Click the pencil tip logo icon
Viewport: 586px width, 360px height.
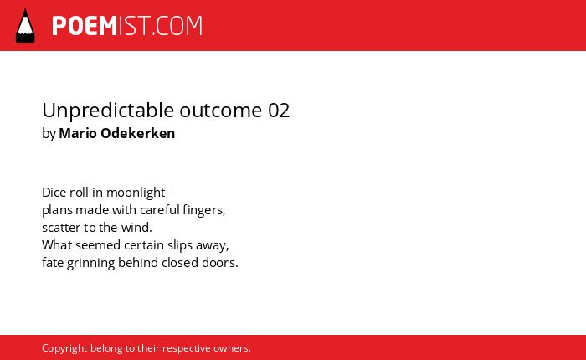[25, 26]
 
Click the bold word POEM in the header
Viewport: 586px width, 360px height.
[85, 26]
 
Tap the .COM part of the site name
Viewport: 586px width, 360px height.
[177, 26]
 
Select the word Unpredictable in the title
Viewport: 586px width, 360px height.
[108, 111]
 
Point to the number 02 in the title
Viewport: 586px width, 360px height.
[279, 111]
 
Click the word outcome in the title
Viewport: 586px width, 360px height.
[221, 111]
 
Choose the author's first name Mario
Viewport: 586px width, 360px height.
[78, 133]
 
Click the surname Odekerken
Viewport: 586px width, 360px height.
[138, 133]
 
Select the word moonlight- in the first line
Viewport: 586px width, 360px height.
[137, 193]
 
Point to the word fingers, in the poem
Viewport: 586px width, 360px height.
[204, 210]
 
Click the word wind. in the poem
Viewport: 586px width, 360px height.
[136, 228]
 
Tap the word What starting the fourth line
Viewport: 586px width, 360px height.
[57, 245]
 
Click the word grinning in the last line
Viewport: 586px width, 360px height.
[90, 263]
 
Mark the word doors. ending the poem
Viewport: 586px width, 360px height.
[219, 263]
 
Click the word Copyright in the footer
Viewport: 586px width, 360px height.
[64, 348]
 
